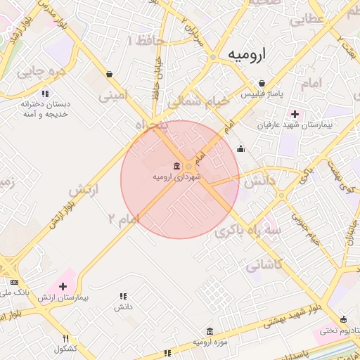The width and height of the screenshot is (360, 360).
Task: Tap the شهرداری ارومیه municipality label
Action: pos(177,177)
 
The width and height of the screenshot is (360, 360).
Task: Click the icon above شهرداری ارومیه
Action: pos(176,166)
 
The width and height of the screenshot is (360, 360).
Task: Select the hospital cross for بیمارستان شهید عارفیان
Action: pos(295,114)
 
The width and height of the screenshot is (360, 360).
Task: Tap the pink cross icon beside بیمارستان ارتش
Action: pos(63,286)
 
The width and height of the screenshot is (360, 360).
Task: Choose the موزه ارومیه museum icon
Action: pos(210,331)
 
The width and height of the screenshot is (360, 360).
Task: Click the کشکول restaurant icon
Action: pos(66,338)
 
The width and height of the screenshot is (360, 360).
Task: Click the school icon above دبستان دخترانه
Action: pos(45,93)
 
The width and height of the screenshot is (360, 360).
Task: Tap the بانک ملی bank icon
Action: pos(14,282)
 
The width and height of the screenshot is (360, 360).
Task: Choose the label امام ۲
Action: pos(121,220)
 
